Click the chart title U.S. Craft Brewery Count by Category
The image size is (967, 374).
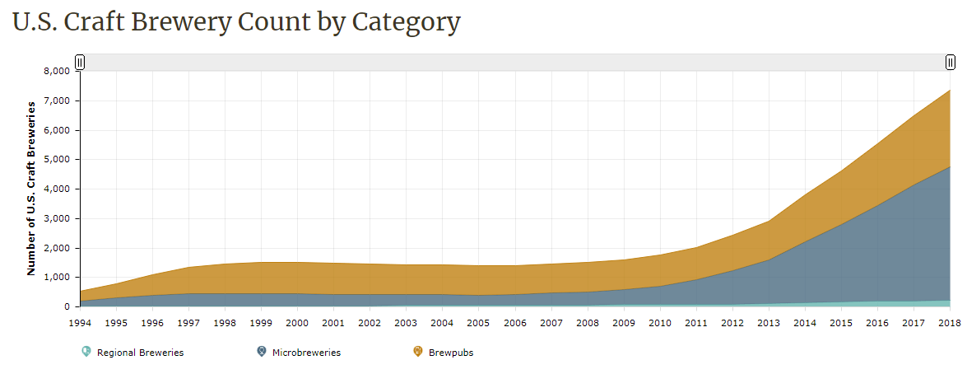coord(236,22)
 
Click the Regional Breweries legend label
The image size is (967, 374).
coord(140,353)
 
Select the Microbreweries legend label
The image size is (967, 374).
coord(305,353)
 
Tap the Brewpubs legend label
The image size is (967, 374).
coord(451,353)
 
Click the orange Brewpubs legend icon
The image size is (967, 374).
coord(418,352)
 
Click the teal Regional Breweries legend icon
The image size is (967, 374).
coord(86,352)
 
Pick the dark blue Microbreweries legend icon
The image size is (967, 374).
coord(262,352)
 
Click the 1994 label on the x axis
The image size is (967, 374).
coord(80,322)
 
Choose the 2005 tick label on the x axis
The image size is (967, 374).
coord(479,322)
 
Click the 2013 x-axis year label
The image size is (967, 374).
coord(769,322)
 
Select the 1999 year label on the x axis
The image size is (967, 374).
coord(261,322)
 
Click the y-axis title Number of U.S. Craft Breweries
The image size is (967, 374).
coord(32,188)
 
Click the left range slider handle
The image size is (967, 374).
coord(80,62)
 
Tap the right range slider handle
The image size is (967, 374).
coord(951,62)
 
